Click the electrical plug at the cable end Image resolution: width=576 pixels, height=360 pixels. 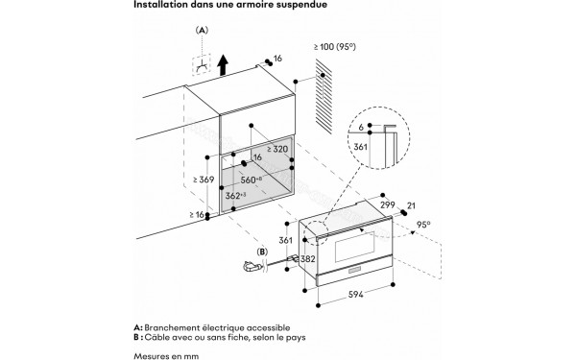click(x=252, y=269)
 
